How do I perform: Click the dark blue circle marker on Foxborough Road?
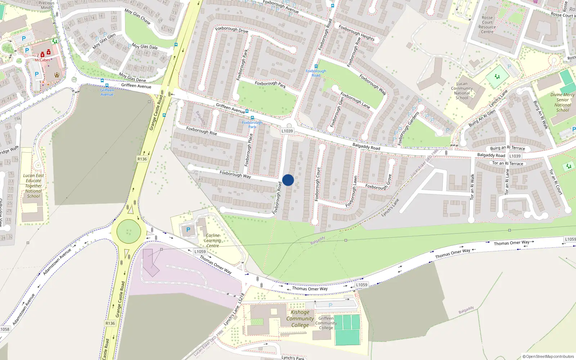(288, 180)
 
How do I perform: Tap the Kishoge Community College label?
(300, 319)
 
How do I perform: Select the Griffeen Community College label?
(326, 323)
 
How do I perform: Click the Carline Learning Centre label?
(212, 240)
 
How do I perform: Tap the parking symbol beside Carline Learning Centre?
(188, 230)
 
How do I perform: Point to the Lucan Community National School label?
(462, 91)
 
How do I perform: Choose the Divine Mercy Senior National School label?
(562, 102)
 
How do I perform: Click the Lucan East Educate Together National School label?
(33, 186)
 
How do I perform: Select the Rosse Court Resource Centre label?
(487, 24)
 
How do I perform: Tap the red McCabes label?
(42, 60)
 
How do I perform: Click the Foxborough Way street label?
(235, 175)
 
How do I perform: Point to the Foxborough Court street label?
(317, 184)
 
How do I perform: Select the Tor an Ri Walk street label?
(472, 187)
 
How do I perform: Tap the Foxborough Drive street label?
(231, 29)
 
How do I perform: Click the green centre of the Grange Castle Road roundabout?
(129, 231)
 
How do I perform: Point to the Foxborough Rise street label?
(202, 131)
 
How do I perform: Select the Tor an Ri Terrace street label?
(508, 163)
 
